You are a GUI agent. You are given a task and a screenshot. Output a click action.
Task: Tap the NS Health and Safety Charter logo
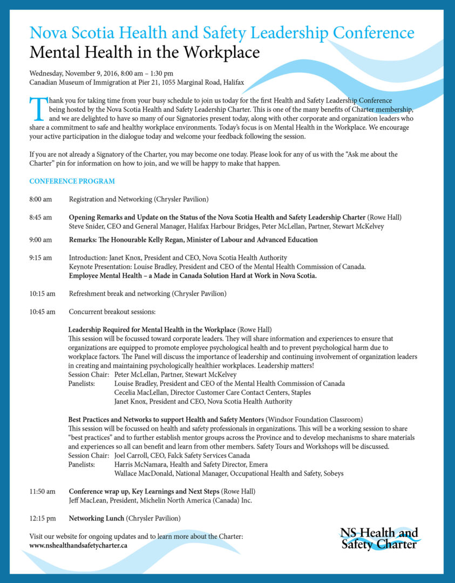(379, 538)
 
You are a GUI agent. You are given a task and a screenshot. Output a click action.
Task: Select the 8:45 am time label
(40, 217)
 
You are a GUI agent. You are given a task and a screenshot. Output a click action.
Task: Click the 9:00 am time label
(40, 240)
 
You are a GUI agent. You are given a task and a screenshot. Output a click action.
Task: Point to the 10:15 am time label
(42, 294)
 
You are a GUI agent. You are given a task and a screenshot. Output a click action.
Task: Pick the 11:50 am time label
(42, 491)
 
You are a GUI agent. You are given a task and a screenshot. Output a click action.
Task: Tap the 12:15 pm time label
(42, 518)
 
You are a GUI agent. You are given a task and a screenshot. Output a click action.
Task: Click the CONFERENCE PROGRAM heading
(72, 181)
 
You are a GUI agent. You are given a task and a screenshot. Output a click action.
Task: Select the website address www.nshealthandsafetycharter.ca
(78, 545)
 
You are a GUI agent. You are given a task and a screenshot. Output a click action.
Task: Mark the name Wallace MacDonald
(144, 473)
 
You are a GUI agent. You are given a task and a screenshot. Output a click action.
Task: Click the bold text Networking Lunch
(97, 518)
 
